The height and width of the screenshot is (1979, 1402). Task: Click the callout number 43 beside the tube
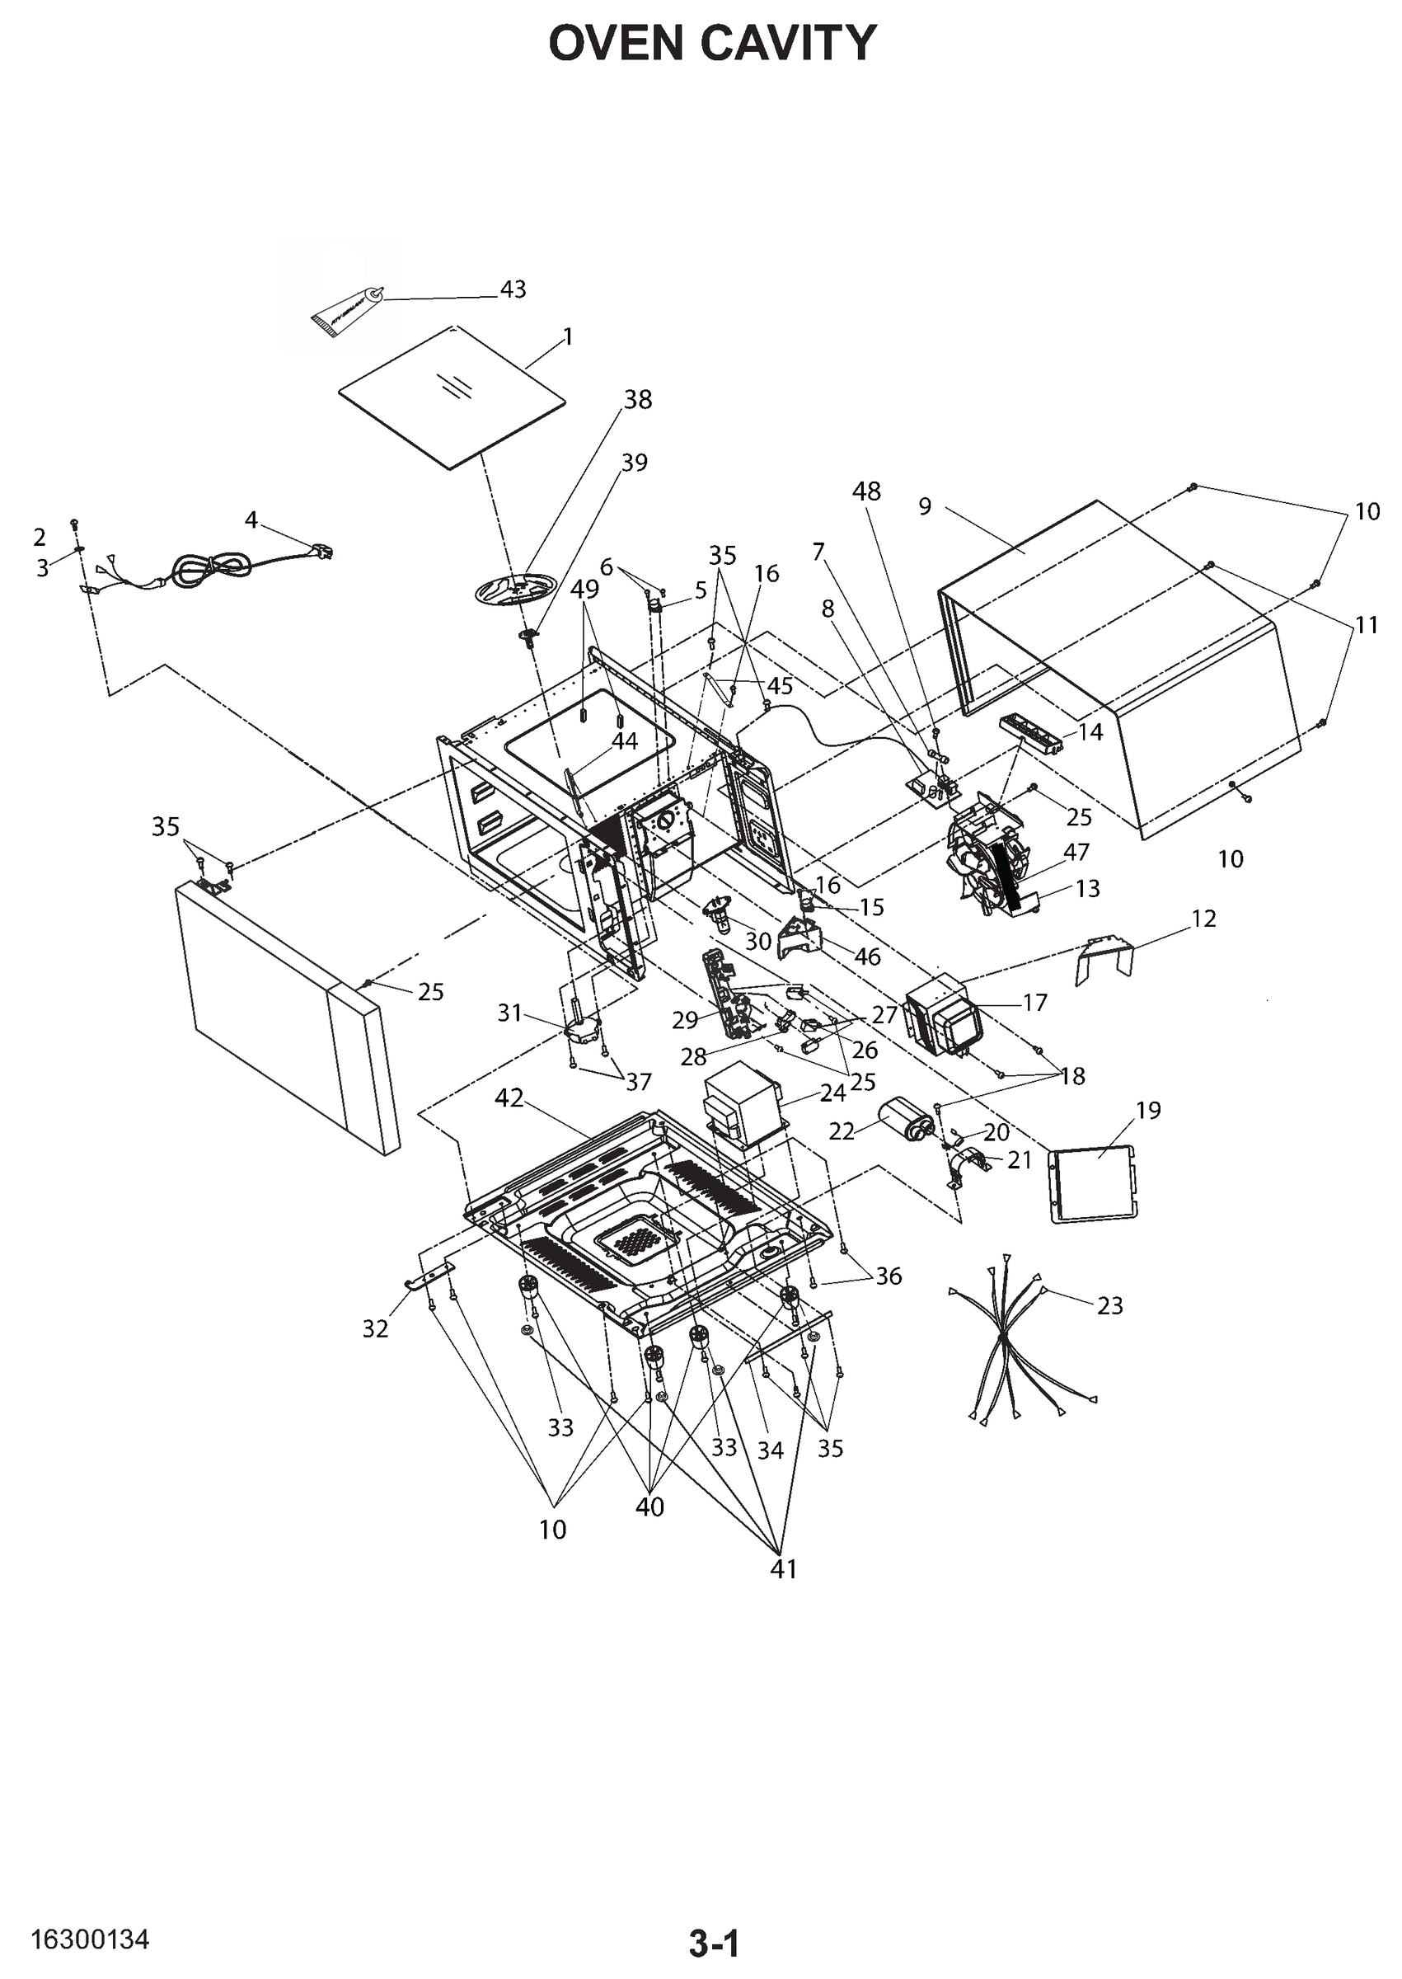[x=513, y=289]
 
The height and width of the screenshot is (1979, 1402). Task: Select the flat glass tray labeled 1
[x=452, y=398]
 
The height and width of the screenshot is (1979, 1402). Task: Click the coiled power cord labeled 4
[x=213, y=567]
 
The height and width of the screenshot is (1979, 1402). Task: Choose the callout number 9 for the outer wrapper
[x=925, y=506]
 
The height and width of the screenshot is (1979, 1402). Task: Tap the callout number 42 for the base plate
[x=509, y=1098]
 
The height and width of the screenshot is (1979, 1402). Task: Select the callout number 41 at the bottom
[x=783, y=1568]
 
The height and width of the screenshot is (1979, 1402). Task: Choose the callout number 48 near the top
[x=866, y=491]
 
